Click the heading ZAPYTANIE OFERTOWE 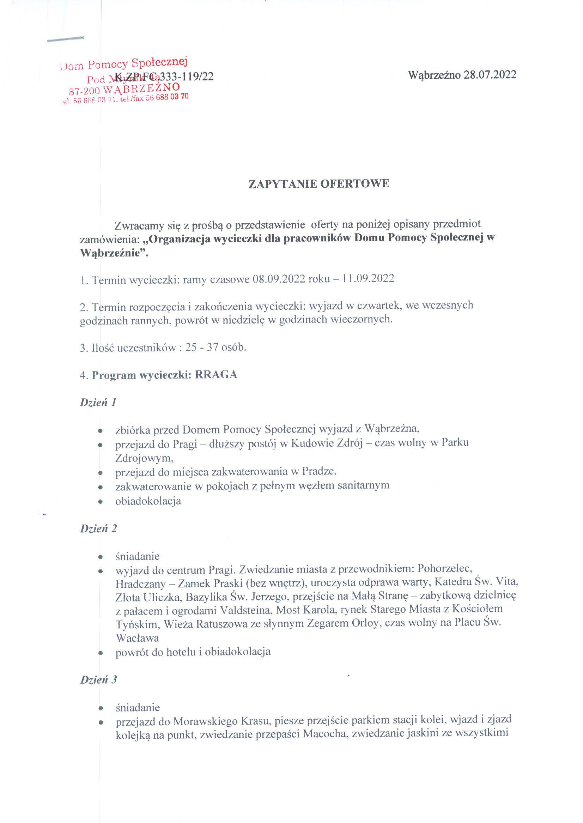tap(319, 184)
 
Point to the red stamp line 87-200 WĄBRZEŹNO tap(124, 89)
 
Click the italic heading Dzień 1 tap(98, 402)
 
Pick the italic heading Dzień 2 tap(98, 528)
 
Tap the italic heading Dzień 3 tap(98, 679)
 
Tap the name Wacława tap(137, 638)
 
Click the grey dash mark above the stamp tap(66, 39)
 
